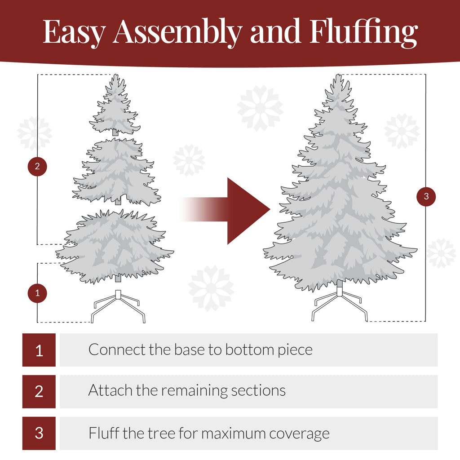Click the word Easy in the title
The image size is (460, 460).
tap(75, 32)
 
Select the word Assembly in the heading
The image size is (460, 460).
tap(177, 32)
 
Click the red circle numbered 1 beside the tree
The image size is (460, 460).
tap(37, 293)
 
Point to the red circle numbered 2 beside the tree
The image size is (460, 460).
tap(37, 167)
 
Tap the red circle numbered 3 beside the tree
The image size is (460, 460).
tap(426, 196)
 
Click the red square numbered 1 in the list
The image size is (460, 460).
tap(39, 350)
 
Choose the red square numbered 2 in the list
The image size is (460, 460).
tap(39, 391)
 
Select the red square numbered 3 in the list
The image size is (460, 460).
tap(39, 433)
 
